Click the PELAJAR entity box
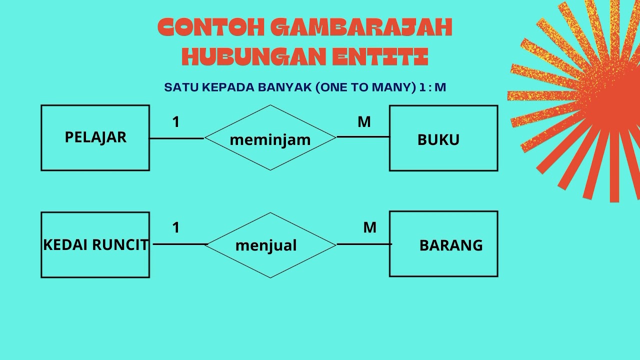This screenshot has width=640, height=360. (95, 137)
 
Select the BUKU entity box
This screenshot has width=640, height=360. (443, 138)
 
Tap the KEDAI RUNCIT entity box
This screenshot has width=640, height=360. (95, 244)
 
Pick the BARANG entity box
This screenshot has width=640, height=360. (443, 244)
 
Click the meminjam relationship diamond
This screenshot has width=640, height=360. (270, 138)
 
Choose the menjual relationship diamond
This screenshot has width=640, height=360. (270, 245)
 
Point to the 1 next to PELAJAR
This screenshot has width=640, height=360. (175, 122)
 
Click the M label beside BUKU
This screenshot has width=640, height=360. (364, 122)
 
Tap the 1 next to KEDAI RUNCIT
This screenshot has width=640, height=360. (175, 228)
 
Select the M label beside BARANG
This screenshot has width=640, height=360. (369, 228)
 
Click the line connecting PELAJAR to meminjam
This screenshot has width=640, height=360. (177, 138)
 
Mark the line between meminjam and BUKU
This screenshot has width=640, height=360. (363, 136)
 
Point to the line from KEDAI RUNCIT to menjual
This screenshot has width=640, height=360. (180, 244)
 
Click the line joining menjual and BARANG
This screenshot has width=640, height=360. (364, 244)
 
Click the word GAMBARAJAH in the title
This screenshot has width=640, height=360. (361, 28)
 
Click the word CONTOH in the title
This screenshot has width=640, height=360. (210, 28)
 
